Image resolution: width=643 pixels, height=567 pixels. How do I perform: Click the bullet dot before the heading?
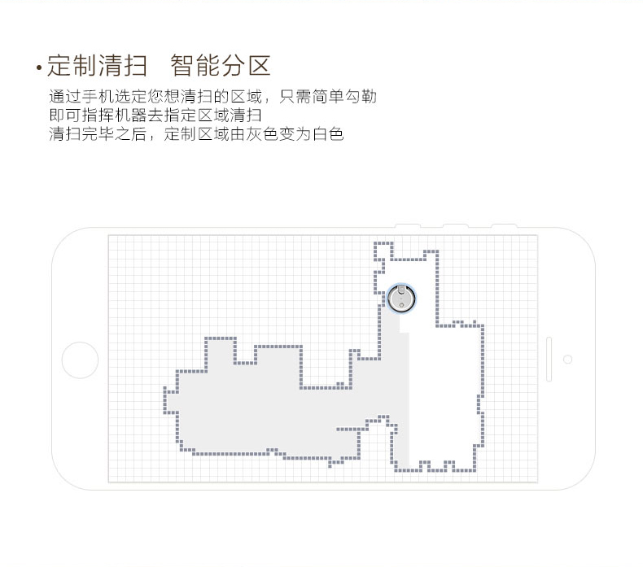40,68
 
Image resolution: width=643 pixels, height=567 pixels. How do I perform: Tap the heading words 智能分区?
220,65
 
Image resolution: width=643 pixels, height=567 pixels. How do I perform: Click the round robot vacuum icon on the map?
401,298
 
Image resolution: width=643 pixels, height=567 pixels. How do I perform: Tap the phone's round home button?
81,359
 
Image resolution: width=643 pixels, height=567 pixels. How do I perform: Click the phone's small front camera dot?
567,359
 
